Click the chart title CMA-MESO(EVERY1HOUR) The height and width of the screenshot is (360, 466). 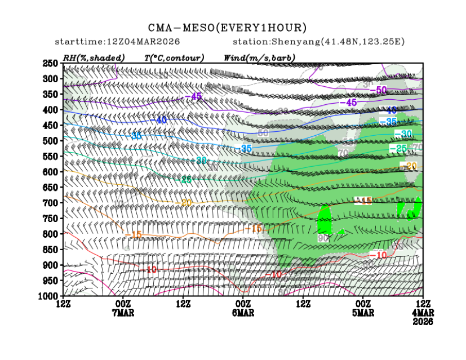tap(227, 28)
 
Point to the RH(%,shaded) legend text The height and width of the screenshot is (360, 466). tap(94, 57)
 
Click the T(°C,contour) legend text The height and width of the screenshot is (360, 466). tap(174, 57)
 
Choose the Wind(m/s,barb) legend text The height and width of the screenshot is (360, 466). tap(259, 57)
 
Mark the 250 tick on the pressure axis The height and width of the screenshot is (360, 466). tap(51, 63)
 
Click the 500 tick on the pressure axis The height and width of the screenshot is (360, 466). tap(51, 140)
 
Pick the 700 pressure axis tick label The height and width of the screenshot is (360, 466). tap(51, 202)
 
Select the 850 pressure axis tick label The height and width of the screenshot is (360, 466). tap(51, 249)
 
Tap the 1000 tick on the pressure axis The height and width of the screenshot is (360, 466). tap(50, 295)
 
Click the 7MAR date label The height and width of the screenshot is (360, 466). tap(122, 313)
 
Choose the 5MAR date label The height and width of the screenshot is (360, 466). tap(363, 313)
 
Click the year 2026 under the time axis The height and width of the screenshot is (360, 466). tap(423, 322)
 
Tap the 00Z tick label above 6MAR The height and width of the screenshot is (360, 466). tap(243, 304)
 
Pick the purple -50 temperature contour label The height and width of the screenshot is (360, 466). tap(381, 90)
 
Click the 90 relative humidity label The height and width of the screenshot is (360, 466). tap(323, 238)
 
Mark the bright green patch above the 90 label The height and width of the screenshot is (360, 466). tap(324, 220)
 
